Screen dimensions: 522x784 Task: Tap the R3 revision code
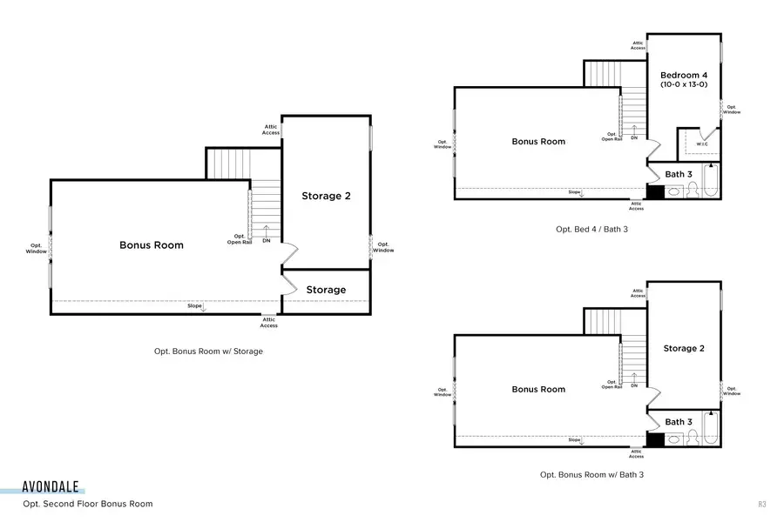pyautogui.click(x=761, y=504)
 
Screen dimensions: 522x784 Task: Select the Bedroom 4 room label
pyautogui.click(x=684, y=75)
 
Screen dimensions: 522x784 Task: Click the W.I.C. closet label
pyautogui.click(x=702, y=144)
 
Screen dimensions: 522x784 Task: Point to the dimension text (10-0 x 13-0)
pyautogui.click(x=684, y=85)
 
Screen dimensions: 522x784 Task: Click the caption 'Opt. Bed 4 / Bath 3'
pyautogui.click(x=591, y=229)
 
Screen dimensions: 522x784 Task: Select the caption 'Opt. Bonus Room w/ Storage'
pyautogui.click(x=208, y=351)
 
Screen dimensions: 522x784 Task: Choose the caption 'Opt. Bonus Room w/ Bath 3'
pyautogui.click(x=591, y=475)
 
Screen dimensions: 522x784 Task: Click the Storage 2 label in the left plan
pyautogui.click(x=327, y=196)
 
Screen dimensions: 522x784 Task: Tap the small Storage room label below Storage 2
pyautogui.click(x=326, y=290)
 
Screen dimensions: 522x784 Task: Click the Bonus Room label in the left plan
pyautogui.click(x=152, y=245)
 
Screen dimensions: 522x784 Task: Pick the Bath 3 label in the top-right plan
pyautogui.click(x=679, y=174)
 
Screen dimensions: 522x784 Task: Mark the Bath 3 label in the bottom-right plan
pyautogui.click(x=679, y=422)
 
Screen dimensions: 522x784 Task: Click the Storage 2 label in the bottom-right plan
pyautogui.click(x=684, y=348)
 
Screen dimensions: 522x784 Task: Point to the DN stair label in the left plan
pyautogui.click(x=266, y=241)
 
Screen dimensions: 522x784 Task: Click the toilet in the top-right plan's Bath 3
pyautogui.click(x=693, y=191)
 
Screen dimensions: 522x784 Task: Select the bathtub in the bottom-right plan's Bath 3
pyautogui.click(x=712, y=432)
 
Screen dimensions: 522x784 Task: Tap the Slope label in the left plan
pyautogui.click(x=194, y=305)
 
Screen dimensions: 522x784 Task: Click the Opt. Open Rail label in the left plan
pyautogui.click(x=240, y=239)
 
